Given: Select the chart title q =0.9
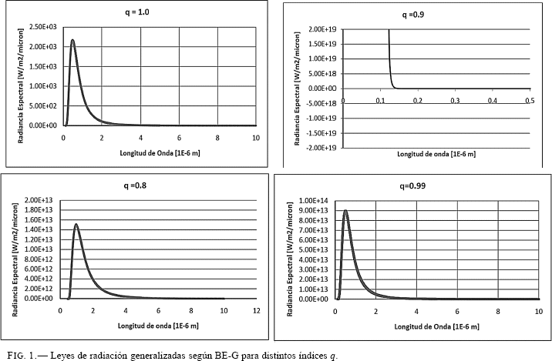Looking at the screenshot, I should coord(414,15).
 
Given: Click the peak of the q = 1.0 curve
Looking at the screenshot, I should coord(72,41).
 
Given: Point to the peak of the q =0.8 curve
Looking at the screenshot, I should coord(76,225).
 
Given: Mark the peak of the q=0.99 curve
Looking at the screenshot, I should coord(345,211).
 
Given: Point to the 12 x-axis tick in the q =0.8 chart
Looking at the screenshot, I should coord(256,310).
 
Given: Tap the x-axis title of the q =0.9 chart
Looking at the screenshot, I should coord(436,154).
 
